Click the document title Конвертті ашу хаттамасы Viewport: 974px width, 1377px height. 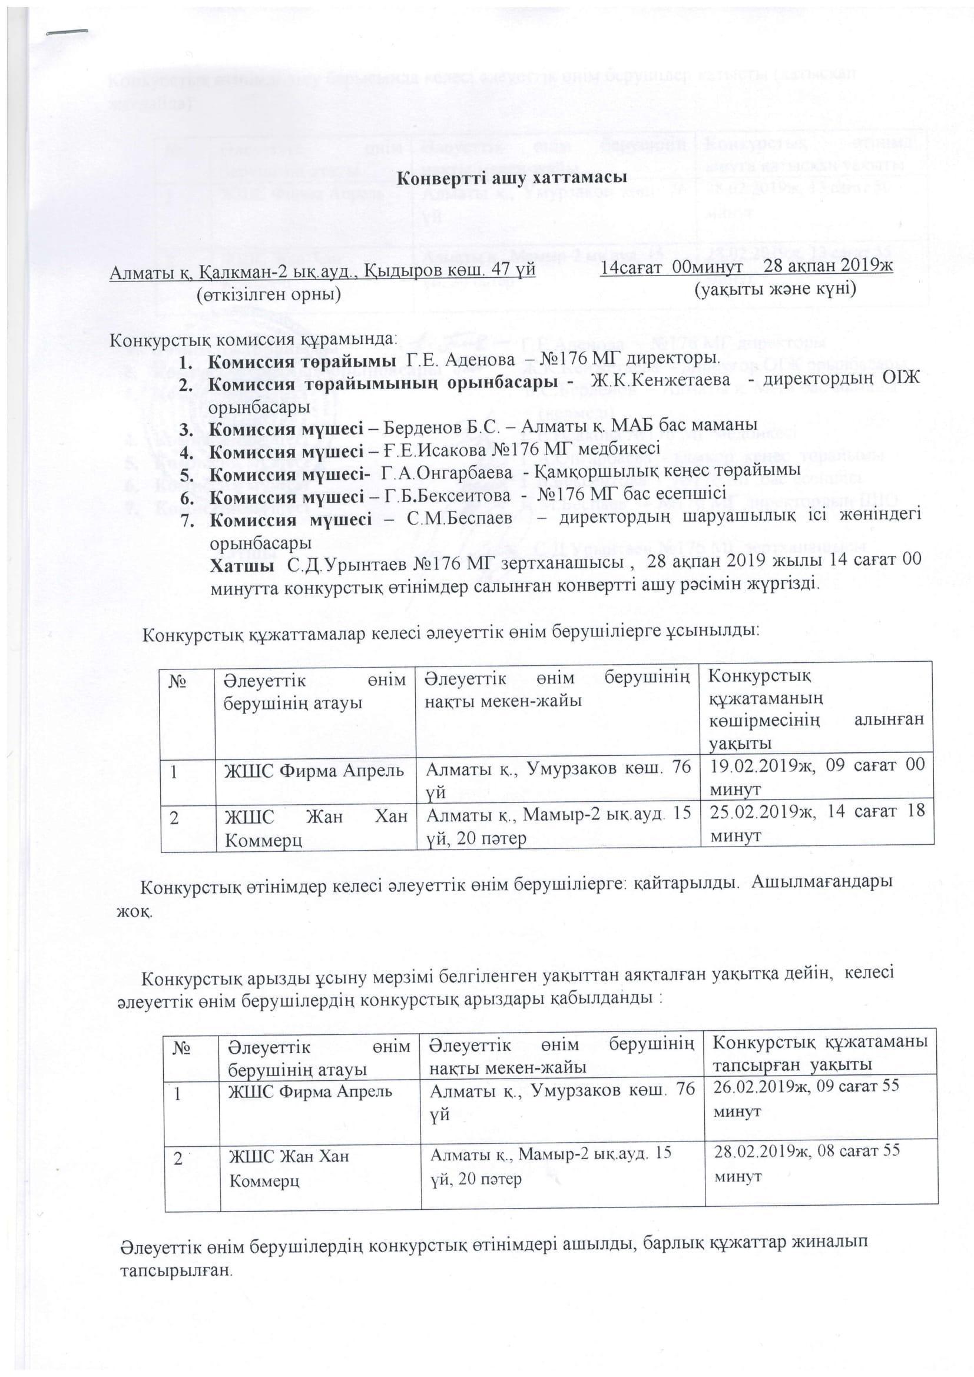click(505, 179)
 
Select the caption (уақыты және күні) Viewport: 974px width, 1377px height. click(774, 289)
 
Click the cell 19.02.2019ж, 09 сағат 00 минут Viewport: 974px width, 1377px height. click(817, 777)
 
